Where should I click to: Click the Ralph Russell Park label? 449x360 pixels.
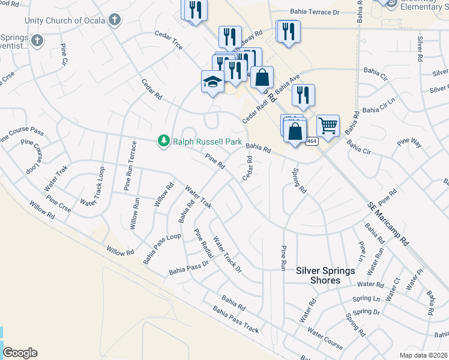(207, 142)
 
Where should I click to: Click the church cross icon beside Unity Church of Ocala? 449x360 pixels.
(115, 20)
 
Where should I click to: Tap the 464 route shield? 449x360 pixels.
(312, 142)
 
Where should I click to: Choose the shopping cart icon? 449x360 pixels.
(328, 126)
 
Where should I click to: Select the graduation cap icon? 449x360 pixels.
(212, 82)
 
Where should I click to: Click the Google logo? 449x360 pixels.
(20, 353)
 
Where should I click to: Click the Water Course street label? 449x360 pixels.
(325, 338)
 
